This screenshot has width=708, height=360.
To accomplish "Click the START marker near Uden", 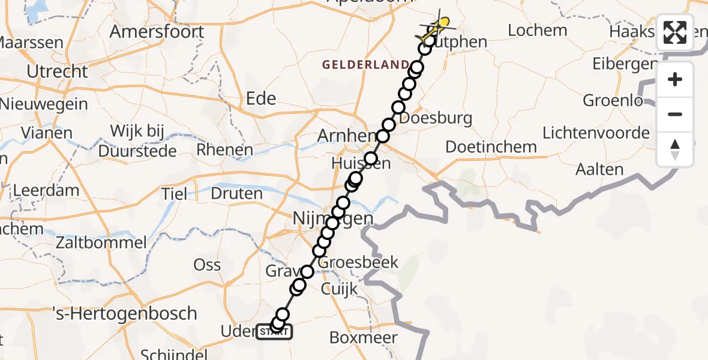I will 274,332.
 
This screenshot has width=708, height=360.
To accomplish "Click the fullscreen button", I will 675,32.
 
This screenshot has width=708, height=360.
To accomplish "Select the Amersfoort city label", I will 157,31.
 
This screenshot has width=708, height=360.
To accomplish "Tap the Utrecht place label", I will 58,72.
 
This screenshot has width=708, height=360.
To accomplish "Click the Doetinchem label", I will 491,147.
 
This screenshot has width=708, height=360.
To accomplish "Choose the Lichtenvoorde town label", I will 596,133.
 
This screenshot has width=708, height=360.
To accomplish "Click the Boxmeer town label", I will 364,337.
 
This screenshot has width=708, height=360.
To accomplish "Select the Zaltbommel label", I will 101,242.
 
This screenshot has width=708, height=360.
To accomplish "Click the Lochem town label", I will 537,30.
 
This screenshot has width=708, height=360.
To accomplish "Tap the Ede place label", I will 261,98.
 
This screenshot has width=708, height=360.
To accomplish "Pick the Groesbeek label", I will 359,262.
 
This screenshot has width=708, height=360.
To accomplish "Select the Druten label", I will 237,193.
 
